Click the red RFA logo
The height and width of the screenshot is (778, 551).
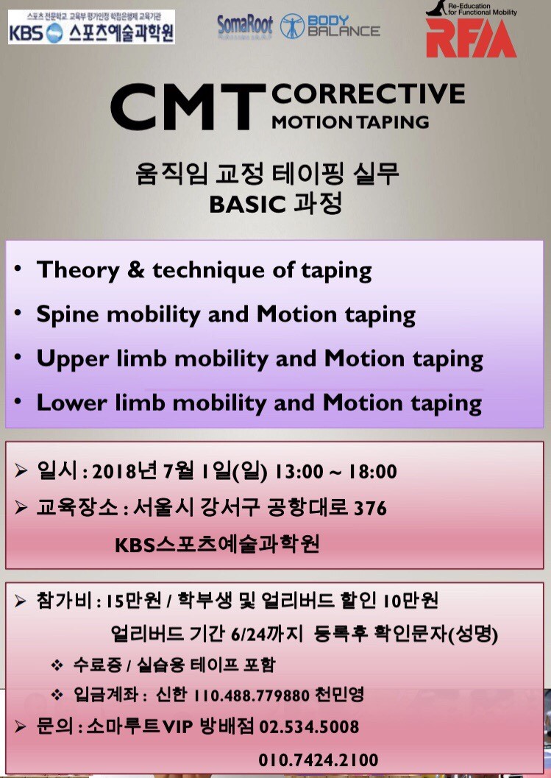point(471,38)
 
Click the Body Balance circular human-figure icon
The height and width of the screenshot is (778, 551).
point(292,26)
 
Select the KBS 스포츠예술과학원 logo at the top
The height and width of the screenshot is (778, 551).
point(92,27)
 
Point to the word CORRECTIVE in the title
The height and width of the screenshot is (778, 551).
point(368,93)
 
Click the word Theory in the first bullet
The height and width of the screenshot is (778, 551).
point(79,270)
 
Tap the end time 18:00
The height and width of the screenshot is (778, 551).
point(372,472)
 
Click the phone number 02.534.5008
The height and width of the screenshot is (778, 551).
point(309,727)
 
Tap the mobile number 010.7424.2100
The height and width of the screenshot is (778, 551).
point(318,760)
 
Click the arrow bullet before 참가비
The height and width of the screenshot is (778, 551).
point(21,601)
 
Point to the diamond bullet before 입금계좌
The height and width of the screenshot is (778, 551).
point(57,695)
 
